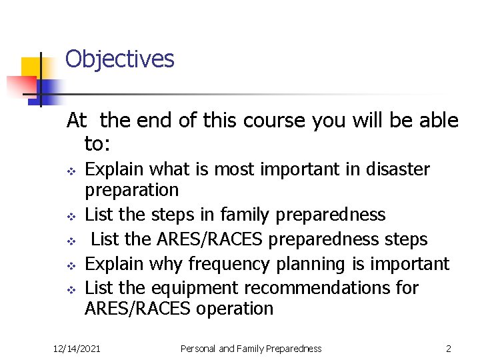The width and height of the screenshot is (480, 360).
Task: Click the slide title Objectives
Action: [119, 59]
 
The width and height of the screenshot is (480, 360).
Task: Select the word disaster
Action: [397, 169]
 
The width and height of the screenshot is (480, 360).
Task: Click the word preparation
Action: [131, 191]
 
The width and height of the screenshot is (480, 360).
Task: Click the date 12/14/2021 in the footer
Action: [77, 348]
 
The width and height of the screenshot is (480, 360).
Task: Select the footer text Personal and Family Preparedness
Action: [251, 348]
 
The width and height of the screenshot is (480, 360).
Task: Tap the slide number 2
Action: [449, 348]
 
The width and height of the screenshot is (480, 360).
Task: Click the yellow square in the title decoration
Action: [31, 68]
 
